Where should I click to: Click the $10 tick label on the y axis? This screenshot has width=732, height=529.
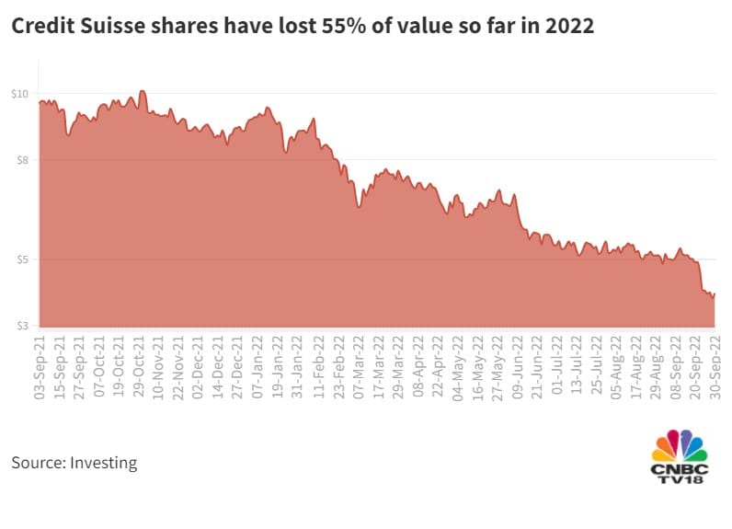[x=19, y=94]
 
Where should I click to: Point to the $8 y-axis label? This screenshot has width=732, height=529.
[x=21, y=160]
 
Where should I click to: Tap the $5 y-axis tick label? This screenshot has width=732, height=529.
[x=21, y=259]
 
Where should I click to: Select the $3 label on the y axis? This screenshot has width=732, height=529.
[x=21, y=326]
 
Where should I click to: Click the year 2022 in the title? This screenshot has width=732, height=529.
[x=568, y=28]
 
